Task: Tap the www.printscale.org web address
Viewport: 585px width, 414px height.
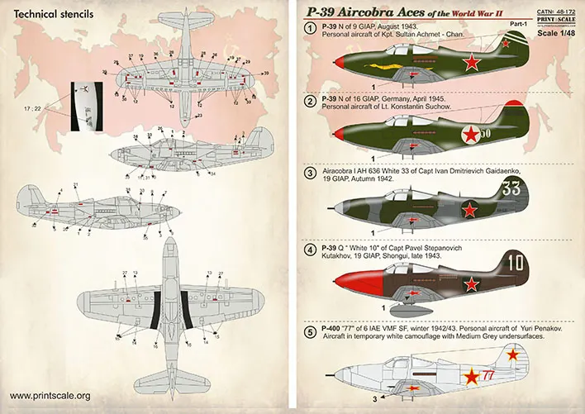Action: click(x=50, y=395)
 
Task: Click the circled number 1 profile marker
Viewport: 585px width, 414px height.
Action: click(x=309, y=30)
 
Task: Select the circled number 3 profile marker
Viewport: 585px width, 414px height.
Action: click(x=310, y=173)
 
